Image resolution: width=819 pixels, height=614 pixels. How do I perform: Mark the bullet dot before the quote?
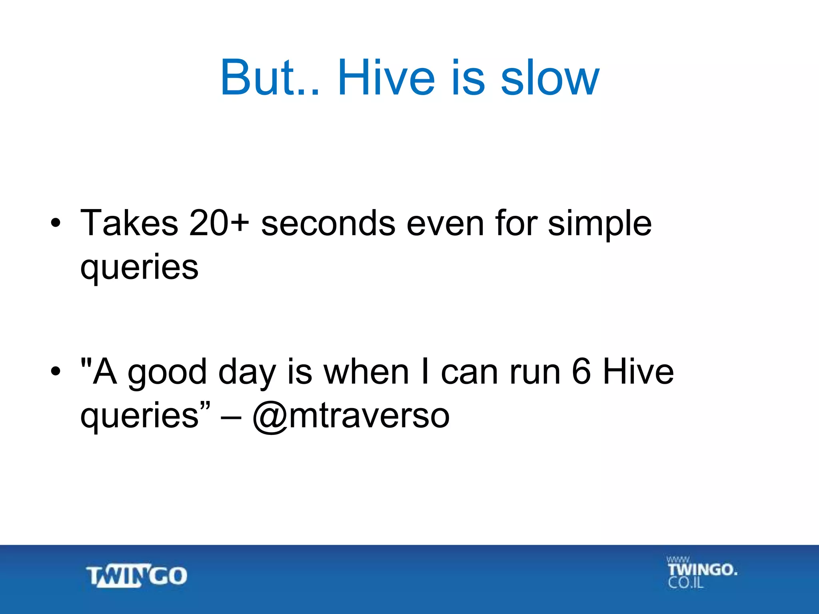pos(56,372)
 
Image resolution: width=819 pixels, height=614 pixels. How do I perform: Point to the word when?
pos(366,372)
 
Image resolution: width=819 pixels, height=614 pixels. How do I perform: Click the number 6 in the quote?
pos(581,372)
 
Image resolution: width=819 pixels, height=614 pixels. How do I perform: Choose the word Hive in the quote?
pos(638,372)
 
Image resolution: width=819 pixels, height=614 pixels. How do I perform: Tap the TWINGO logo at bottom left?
pos(136,576)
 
